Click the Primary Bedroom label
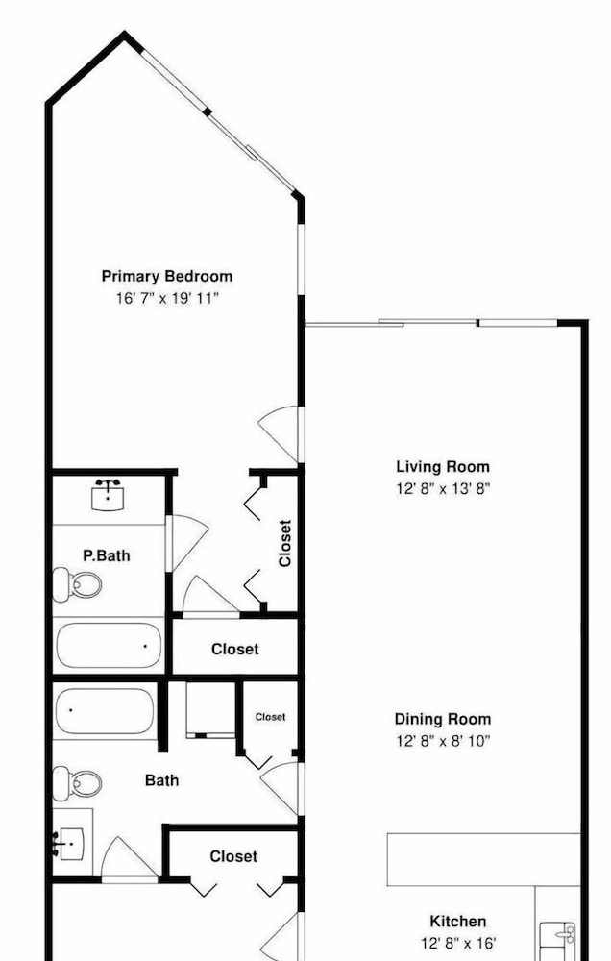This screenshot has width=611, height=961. point(167,277)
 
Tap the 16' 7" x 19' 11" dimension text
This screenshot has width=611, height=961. point(167,299)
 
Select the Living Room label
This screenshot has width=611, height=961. point(443,467)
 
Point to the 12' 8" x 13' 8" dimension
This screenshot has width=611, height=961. point(443,489)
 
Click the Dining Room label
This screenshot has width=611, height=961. point(443,719)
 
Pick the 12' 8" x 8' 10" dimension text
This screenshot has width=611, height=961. point(443,741)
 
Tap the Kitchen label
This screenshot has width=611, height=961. point(458,922)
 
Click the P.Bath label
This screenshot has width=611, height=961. point(107,555)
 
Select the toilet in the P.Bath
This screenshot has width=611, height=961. point(77,584)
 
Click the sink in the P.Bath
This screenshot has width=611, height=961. point(108,496)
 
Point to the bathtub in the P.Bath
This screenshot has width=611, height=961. point(109,646)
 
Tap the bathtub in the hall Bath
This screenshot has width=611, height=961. point(105,711)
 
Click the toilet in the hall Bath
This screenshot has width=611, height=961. point(77,783)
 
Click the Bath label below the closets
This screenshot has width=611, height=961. point(161,780)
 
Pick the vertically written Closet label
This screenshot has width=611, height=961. point(285,543)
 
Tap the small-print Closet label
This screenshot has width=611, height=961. point(270,717)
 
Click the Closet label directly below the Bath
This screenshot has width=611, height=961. point(233,856)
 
